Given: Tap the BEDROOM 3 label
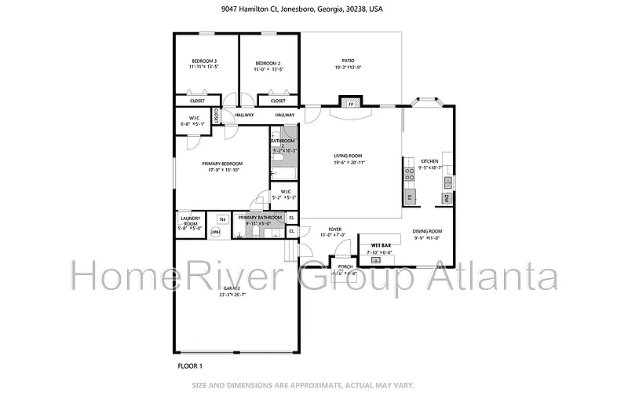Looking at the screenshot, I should click(x=204, y=62).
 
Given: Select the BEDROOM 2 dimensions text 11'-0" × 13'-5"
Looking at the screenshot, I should click(x=268, y=69).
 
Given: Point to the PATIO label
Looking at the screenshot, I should click(x=348, y=61).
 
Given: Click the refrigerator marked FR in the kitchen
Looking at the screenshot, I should click(x=409, y=196).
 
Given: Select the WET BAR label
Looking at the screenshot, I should click(x=382, y=245).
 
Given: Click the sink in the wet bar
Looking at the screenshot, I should click(x=386, y=259).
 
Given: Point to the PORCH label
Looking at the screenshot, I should click(x=345, y=266).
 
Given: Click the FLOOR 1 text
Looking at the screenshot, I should click(x=190, y=365).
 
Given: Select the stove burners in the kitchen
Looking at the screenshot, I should click(x=409, y=171).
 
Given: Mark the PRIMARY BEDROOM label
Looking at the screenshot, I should click(x=221, y=163).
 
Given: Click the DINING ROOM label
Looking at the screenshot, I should click(x=427, y=231).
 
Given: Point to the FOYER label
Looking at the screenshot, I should click(x=334, y=229).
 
